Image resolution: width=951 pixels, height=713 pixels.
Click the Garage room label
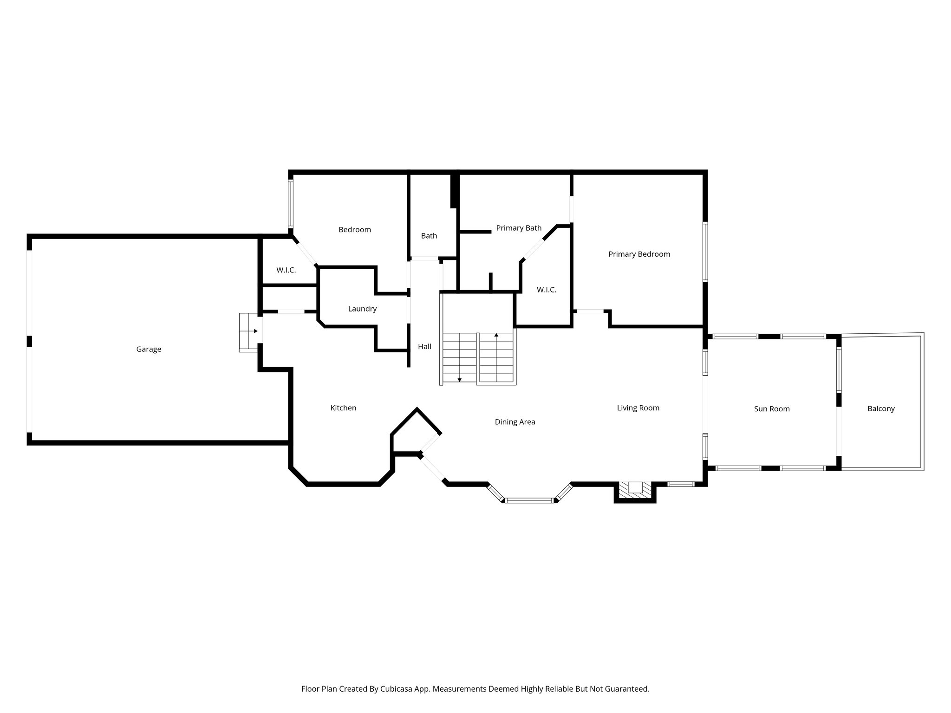149,350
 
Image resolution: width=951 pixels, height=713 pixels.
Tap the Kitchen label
343,408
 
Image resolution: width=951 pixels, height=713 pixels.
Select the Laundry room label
362,309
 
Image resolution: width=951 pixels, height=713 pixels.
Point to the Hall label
424,347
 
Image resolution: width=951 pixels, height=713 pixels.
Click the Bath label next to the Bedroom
429,236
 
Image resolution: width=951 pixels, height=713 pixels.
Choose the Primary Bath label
519,228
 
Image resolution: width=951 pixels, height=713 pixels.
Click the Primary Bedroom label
639,254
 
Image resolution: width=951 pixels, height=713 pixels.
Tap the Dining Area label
515,422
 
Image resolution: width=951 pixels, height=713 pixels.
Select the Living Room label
638,408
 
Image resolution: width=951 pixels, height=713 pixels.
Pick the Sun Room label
772,409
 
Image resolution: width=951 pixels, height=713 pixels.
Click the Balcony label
881,409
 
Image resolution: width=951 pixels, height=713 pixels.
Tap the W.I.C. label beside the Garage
286,270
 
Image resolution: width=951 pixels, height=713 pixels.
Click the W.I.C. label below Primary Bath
547,290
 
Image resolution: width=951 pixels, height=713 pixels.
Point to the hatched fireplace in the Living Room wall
635,490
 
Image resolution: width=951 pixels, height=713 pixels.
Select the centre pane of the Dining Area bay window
530,500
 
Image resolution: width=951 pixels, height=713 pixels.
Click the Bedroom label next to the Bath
355,230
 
